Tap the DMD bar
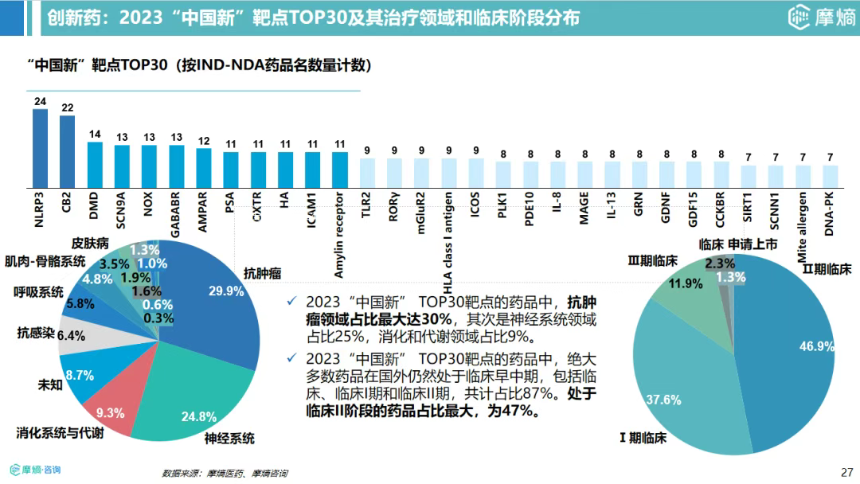pyautogui.click(x=95, y=164)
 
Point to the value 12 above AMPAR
pyautogui.click(x=204, y=141)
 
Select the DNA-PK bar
pyautogui.click(x=831, y=175)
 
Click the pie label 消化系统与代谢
pyautogui.click(x=60, y=433)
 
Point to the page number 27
pyautogui.click(x=846, y=470)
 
